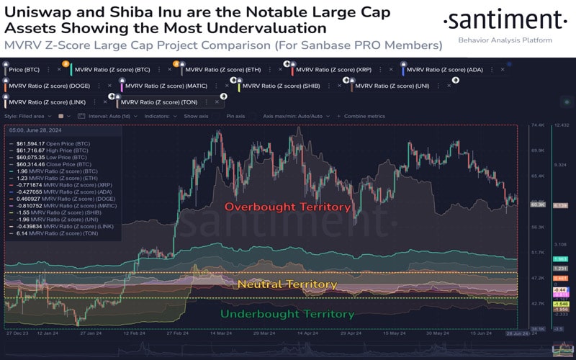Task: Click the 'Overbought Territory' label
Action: click(x=287, y=207)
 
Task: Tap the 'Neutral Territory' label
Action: click(x=287, y=284)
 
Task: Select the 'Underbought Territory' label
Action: click(x=287, y=314)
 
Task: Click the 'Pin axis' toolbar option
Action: click(x=235, y=116)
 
